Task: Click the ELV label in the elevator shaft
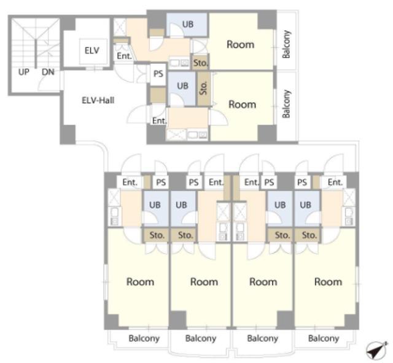pos(91,50)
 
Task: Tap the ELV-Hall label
pos(98,100)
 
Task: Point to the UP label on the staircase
pos(24,72)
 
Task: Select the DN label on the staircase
pos(48,72)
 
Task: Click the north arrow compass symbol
pos(376,349)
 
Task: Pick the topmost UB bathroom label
pos(188,25)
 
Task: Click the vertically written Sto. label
pos(204,88)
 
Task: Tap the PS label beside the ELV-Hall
pos(158,74)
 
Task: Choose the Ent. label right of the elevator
pos(124,56)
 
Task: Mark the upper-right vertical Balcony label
pos(286,44)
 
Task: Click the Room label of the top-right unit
pos(240,44)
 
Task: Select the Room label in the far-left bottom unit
pos(140,282)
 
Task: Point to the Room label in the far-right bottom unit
pos(328,282)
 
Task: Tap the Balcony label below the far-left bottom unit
pos(144,338)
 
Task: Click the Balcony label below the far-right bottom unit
pos(324,338)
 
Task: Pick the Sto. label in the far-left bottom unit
pos(157,235)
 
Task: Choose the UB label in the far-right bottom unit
pos(305,205)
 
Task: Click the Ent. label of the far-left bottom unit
pos(130,182)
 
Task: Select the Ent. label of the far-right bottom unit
pos(335,182)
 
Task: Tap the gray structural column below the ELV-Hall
pos(68,135)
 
